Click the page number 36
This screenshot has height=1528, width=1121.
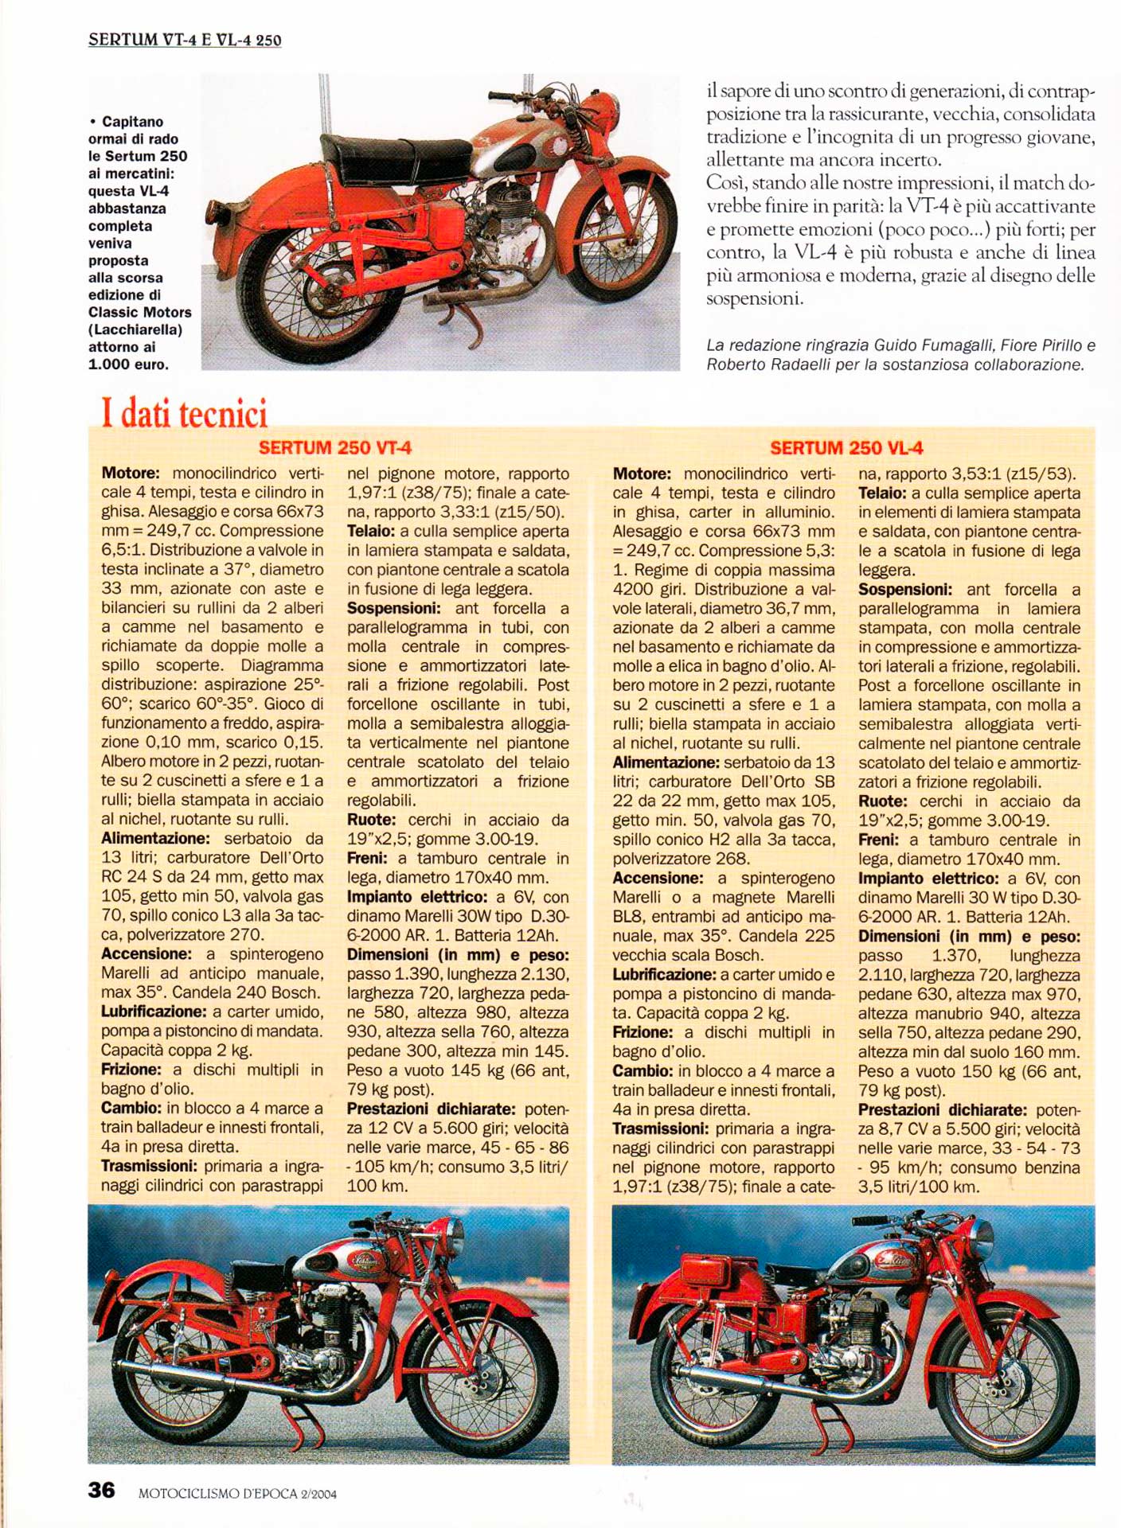tap(101, 1490)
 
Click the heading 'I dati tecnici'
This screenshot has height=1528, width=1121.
tap(184, 414)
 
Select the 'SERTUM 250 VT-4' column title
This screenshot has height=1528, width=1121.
tap(334, 448)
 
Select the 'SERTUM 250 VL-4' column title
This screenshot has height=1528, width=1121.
tap(846, 448)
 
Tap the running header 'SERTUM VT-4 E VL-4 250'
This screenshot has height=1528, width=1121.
tap(185, 40)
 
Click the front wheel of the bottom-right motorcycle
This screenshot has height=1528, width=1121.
tap(1008, 1362)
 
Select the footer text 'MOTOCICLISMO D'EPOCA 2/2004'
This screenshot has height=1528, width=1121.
tap(237, 1494)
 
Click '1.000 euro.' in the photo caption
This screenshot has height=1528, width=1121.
tap(128, 364)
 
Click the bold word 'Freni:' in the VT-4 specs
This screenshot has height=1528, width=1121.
tap(367, 859)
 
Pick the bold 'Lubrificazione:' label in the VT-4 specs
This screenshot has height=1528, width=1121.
tap(154, 1012)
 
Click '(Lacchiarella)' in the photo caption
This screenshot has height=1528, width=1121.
tap(135, 329)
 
